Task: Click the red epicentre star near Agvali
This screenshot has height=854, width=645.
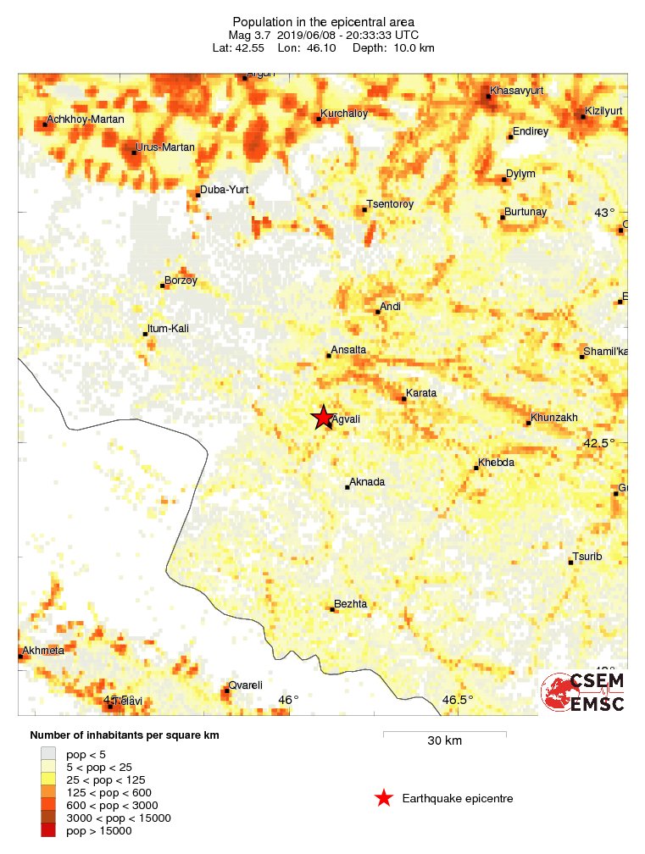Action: click(323, 417)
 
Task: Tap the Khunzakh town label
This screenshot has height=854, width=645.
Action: click(554, 418)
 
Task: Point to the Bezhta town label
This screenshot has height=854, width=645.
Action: click(351, 604)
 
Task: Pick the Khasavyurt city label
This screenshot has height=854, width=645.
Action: click(517, 91)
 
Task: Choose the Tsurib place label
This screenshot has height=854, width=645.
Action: click(587, 557)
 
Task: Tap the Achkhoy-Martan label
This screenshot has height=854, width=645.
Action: click(86, 119)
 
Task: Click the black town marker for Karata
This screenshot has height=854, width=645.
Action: click(403, 398)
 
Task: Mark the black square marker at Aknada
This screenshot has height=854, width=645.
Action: click(348, 487)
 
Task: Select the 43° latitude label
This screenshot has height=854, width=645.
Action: click(604, 213)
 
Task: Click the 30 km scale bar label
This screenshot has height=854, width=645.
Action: click(444, 741)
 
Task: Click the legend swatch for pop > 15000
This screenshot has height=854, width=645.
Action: click(49, 831)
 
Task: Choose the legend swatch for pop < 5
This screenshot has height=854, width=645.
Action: click(49, 753)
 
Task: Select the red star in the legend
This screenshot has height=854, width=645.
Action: click(383, 798)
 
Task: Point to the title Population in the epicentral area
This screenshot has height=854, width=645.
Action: click(323, 21)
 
